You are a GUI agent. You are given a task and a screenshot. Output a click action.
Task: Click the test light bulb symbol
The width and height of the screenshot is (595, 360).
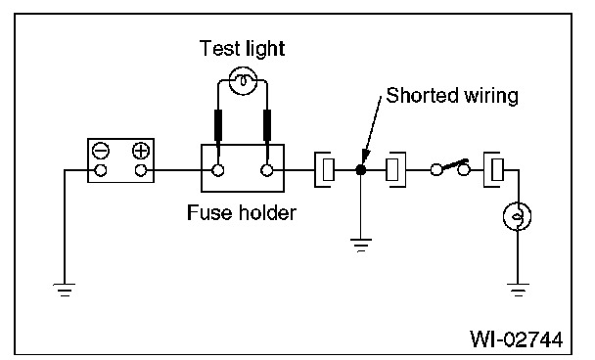(x=244, y=81)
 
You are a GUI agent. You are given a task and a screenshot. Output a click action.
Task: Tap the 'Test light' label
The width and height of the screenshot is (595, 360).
(x=242, y=49)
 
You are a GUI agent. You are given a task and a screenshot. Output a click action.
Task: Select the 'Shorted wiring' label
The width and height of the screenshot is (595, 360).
(x=452, y=95)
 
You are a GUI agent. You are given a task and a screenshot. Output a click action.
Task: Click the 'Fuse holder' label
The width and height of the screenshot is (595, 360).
(x=242, y=212)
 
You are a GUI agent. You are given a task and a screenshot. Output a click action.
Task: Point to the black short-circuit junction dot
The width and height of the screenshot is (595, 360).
(x=361, y=170)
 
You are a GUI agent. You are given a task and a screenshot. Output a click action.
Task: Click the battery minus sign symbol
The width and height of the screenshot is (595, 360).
(x=101, y=151)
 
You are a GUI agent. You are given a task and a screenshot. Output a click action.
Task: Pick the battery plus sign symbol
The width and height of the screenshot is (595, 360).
(x=141, y=151)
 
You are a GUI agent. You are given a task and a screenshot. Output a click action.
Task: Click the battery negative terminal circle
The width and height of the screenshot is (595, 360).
(x=100, y=170)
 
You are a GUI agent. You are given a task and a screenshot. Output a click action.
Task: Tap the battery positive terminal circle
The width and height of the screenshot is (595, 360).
(x=141, y=170)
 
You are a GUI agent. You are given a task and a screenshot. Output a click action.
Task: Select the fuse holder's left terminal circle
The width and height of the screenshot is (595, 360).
(x=218, y=170)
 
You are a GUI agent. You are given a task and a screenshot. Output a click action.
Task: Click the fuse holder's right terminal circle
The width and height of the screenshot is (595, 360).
(x=267, y=170)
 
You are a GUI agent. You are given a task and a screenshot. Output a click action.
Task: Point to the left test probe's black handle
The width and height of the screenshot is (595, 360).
(x=218, y=125)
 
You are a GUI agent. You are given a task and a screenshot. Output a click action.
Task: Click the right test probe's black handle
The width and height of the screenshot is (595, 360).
(x=267, y=125)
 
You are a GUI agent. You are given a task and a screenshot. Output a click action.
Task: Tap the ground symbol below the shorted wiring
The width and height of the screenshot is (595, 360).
(x=361, y=246)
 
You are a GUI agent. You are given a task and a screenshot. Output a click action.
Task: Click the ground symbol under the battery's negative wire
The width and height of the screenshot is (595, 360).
(x=65, y=290)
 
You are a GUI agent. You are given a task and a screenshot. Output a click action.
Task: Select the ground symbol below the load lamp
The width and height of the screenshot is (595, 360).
(x=518, y=290)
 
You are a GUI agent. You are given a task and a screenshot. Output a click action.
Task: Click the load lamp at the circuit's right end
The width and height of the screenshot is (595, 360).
(x=518, y=216)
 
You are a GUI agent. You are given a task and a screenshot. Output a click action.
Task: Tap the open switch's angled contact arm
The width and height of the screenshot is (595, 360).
(x=454, y=164)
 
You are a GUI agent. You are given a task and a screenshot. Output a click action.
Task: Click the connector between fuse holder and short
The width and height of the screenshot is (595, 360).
(x=325, y=169)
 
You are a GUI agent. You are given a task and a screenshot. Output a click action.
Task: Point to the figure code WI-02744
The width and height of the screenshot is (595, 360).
(x=517, y=338)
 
